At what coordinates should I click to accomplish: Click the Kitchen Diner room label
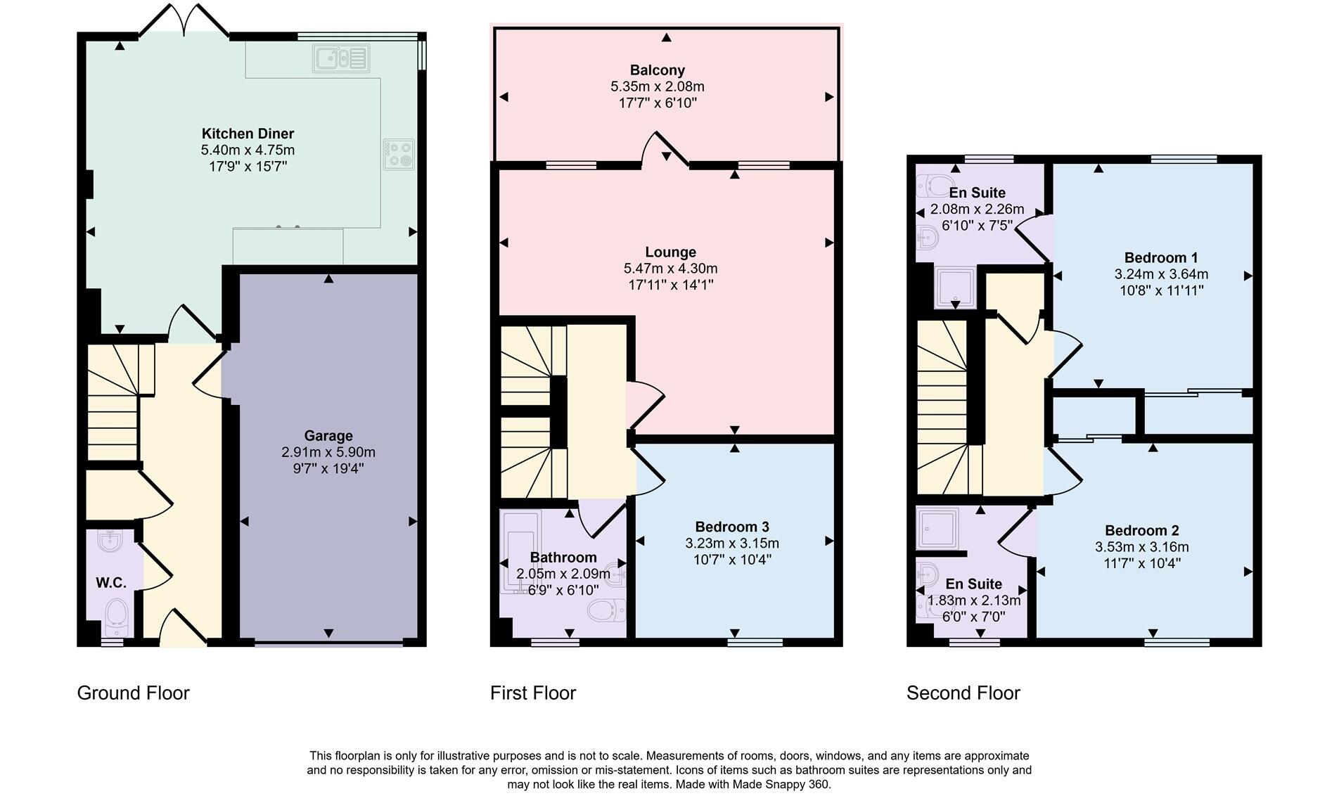pyautogui.click(x=248, y=134)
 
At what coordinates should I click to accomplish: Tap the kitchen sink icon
pyautogui.click(x=342, y=58)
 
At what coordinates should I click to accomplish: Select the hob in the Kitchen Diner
pyautogui.click(x=399, y=155)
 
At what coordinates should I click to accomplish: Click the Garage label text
pyautogui.click(x=328, y=436)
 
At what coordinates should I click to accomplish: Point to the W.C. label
pyautogui.click(x=111, y=583)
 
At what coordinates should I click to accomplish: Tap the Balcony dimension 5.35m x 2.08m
pyautogui.click(x=658, y=86)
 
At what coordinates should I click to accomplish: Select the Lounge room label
pyautogui.click(x=671, y=252)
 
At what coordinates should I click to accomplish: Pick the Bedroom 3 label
pyautogui.click(x=732, y=527)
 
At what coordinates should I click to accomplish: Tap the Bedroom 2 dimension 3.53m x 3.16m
pyautogui.click(x=1142, y=547)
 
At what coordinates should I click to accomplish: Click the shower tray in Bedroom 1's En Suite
pyautogui.click(x=955, y=288)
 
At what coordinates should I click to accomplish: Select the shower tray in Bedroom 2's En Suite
pyautogui.click(x=937, y=529)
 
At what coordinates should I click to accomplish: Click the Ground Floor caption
pyautogui.click(x=134, y=693)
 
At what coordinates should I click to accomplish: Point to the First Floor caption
pyautogui.click(x=533, y=693)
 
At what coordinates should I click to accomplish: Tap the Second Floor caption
pyautogui.click(x=963, y=693)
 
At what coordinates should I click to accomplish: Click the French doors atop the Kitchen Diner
pyautogui.click(x=184, y=20)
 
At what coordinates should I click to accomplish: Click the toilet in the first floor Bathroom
pyautogui.click(x=606, y=610)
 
